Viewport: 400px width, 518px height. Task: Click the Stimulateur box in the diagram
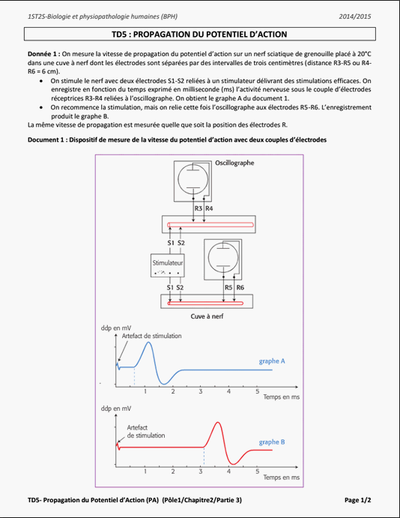(168, 265)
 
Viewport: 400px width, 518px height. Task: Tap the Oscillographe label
(234, 163)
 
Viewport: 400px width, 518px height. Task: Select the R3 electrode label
(198, 208)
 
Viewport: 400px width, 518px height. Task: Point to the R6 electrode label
(240, 287)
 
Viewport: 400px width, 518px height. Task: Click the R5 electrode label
(228, 287)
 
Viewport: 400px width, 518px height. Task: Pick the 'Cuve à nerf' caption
(207, 316)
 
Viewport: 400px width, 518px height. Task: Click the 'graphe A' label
(272, 361)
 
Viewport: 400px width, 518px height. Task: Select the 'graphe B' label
(272, 442)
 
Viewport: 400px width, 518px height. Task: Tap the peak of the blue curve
(149, 343)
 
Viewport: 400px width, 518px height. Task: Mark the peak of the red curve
(217, 423)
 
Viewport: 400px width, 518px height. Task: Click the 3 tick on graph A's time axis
(201, 391)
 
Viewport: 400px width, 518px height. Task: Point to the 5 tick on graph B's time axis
(258, 472)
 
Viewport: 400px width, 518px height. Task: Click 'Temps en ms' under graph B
(282, 478)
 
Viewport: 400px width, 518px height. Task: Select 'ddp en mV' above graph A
(116, 328)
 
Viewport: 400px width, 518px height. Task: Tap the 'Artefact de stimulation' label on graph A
(152, 336)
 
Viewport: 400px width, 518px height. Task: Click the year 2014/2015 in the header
(355, 16)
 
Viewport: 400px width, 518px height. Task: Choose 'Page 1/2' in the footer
(358, 500)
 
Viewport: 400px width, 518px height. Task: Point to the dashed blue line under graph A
(134, 376)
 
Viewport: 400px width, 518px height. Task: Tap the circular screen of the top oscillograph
(193, 179)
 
